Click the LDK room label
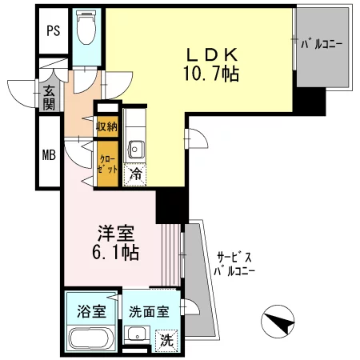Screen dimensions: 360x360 click(x=212, y=54)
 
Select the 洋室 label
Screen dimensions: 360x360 click(x=114, y=234)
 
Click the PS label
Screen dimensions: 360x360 click(x=54, y=31)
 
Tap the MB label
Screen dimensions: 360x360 click(x=50, y=154)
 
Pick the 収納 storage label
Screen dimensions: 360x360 click(x=107, y=126)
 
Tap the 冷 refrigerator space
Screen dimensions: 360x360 click(x=135, y=171)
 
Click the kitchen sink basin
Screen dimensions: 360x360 click(x=136, y=150)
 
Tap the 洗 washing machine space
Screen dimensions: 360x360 click(x=166, y=339)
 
